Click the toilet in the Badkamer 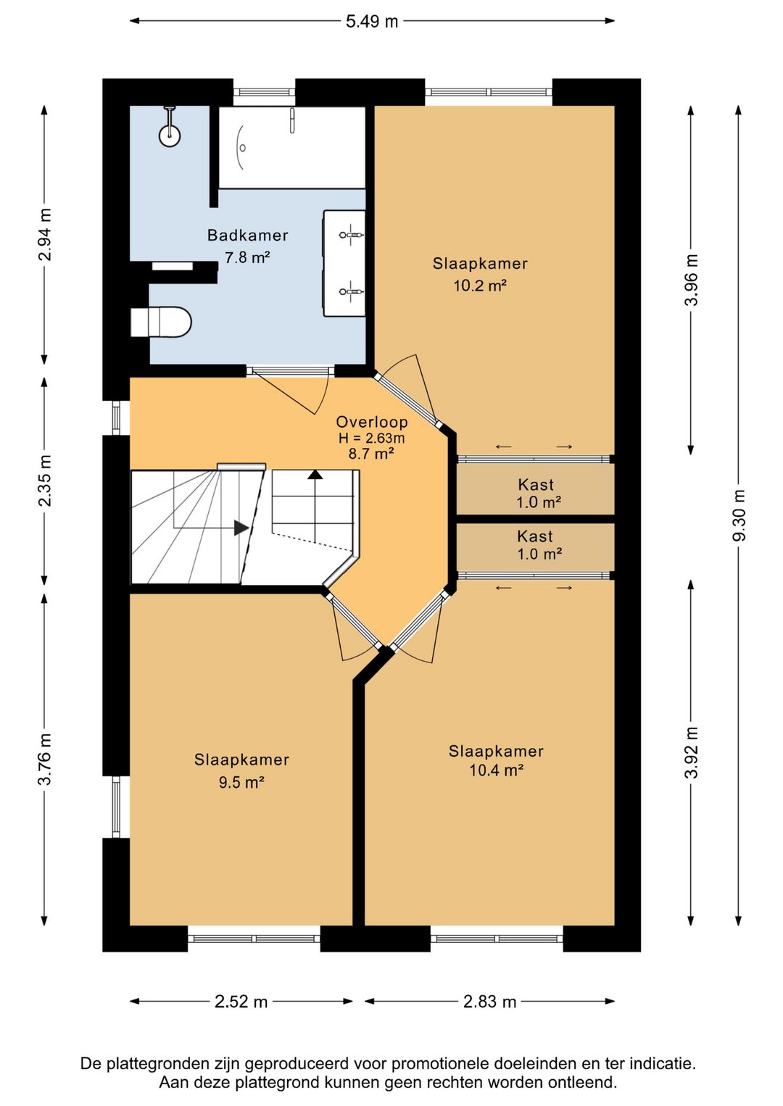pyautogui.click(x=161, y=323)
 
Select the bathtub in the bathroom pyautogui.click(x=292, y=147)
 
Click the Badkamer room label pyautogui.click(x=247, y=235)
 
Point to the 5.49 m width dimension pyautogui.click(x=371, y=21)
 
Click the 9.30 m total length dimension pyautogui.click(x=739, y=515)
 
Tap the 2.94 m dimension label pyautogui.click(x=45, y=235)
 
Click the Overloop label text pyautogui.click(x=372, y=422)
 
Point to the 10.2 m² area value pyautogui.click(x=480, y=286)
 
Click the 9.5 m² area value pyautogui.click(x=241, y=782)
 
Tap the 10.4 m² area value pyautogui.click(x=496, y=770)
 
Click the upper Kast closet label pyautogui.click(x=536, y=484)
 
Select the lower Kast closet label pyautogui.click(x=535, y=536)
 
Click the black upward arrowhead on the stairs pyautogui.click(x=315, y=475)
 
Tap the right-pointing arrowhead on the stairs pyautogui.click(x=241, y=528)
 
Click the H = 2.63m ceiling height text pyautogui.click(x=371, y=438)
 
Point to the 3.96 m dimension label pyautogui.click(x=692, y=280)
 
